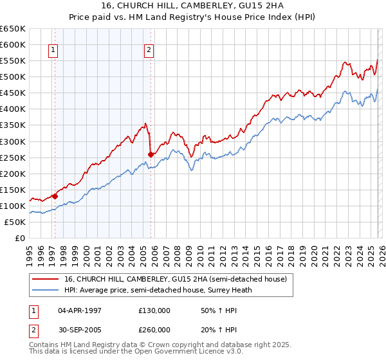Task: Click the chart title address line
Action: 193,5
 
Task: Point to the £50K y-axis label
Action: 15,222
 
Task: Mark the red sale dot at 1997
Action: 55,196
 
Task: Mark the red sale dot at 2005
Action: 151,154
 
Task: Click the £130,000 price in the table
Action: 154,310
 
